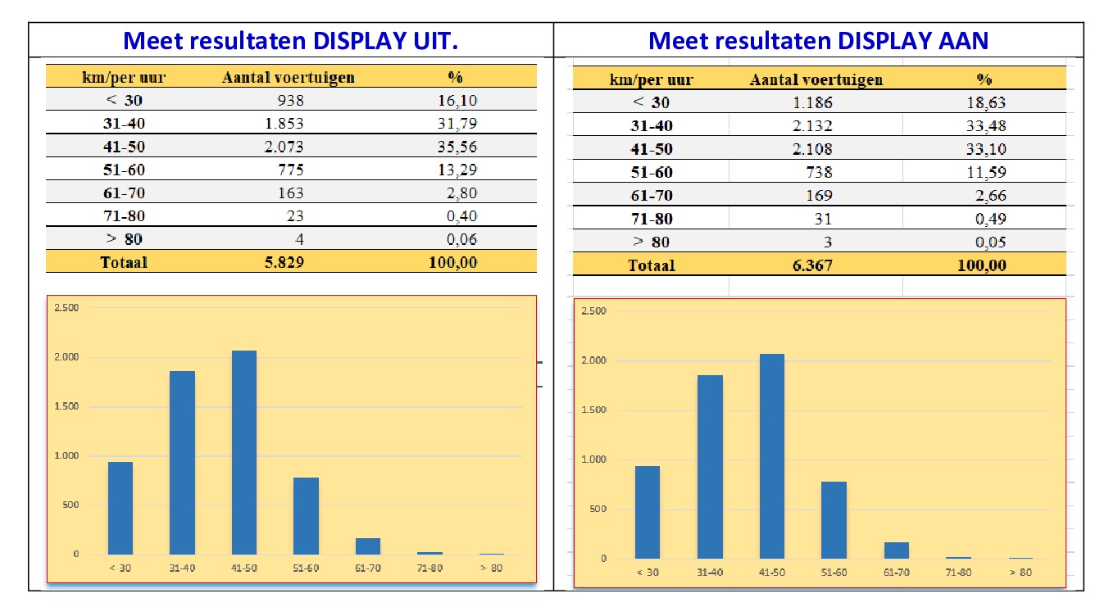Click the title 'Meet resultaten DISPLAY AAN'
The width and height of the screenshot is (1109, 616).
point(818,41)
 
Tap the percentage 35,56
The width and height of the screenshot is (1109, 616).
point(457,147)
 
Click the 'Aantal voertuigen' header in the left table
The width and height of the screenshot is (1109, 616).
point(289,78)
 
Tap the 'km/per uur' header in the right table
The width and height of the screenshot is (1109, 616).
point(652,79)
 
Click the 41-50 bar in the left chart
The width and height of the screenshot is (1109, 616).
point(244,452)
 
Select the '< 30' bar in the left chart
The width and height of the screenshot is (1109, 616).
point(120,508)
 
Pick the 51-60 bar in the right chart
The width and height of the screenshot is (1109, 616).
point(834,519)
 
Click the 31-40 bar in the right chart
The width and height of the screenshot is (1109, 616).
point(710,467)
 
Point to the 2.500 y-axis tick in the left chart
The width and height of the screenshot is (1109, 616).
point(67,308)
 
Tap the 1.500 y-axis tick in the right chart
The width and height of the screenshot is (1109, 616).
point(593,410)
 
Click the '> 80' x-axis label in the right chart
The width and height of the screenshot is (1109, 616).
point(1020,573)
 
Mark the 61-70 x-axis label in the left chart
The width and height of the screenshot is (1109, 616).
point(368,568)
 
